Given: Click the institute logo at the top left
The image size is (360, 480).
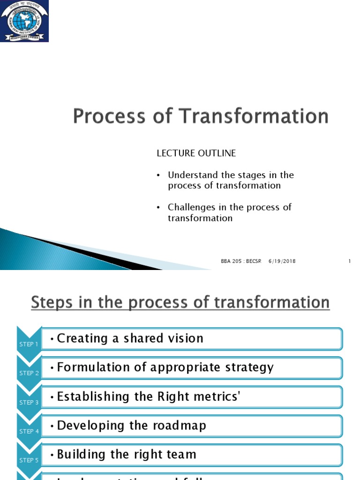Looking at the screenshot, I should [24, 21].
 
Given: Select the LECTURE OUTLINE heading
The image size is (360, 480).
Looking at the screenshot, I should [196, 153].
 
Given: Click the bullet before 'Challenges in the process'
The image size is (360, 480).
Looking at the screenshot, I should [158, 208].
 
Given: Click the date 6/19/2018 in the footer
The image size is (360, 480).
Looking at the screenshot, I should [282, 261].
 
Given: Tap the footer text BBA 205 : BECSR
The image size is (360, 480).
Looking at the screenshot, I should [241, 261].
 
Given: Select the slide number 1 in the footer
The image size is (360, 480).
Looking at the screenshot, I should [350, 261].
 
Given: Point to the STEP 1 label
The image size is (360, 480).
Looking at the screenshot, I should [29, 345].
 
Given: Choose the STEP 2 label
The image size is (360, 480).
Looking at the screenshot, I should [29, 374].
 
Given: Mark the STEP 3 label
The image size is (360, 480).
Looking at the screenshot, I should [29, 403].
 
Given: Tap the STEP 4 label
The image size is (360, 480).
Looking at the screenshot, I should [29, 432].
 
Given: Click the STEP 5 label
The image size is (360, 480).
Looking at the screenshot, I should [29, 461].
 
